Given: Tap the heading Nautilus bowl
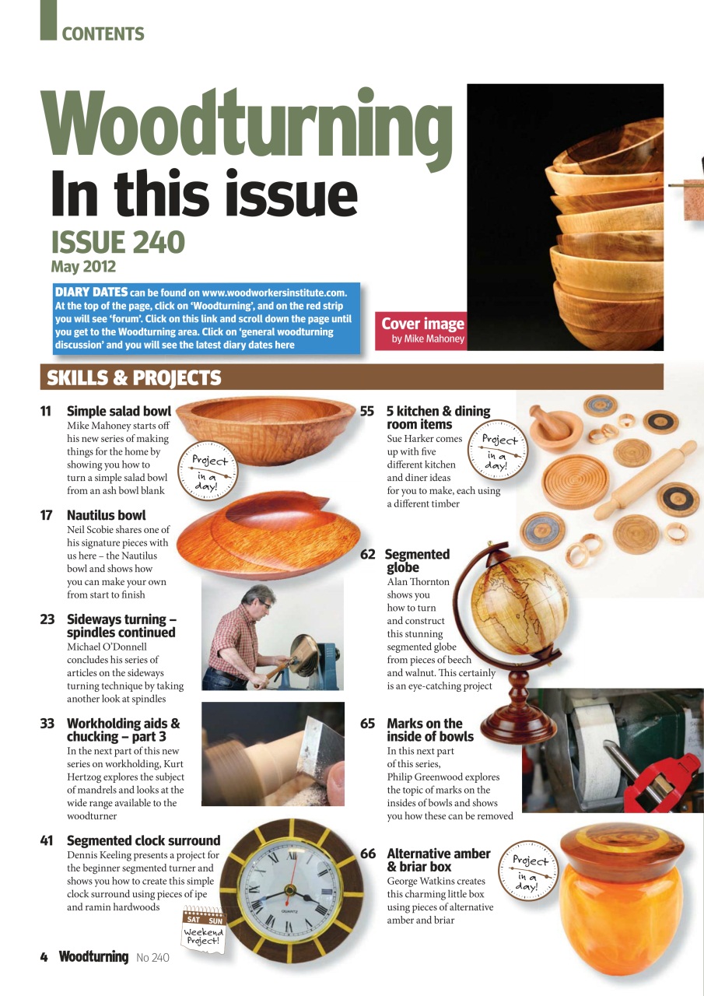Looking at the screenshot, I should point(106,515).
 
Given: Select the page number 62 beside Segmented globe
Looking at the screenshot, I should point(368,555).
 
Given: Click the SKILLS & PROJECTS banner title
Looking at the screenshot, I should point(134,378).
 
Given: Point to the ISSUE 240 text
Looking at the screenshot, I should point(117,243).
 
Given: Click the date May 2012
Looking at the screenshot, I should point(83,267).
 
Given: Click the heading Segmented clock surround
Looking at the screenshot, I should point(143,840).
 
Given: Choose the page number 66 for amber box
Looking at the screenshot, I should point(368,854).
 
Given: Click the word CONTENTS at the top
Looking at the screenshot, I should point(103,34).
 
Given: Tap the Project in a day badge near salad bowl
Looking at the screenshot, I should point(208,468).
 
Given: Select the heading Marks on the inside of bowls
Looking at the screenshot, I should point(429,730).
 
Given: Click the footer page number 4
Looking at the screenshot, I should point(44,957).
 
